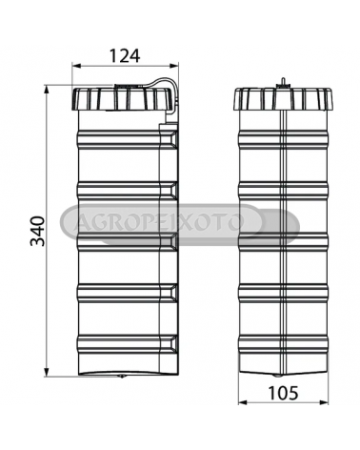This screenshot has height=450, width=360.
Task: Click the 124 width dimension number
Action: coord(125,56)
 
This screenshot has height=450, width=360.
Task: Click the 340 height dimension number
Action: coord(37,231)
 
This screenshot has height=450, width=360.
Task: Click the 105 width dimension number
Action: coord(284,393)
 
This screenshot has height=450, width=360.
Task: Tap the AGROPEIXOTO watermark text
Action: coord(158,223)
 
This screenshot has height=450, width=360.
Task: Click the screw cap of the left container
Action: coord(124,99)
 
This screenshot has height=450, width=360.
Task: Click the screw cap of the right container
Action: coord(284,99)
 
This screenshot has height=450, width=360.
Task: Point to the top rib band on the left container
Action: coord(127,139)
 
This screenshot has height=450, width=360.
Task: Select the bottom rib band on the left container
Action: coord(127,345)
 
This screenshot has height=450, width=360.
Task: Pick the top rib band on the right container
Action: coord(284,139)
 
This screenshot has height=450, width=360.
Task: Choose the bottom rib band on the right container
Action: coord(284,345)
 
